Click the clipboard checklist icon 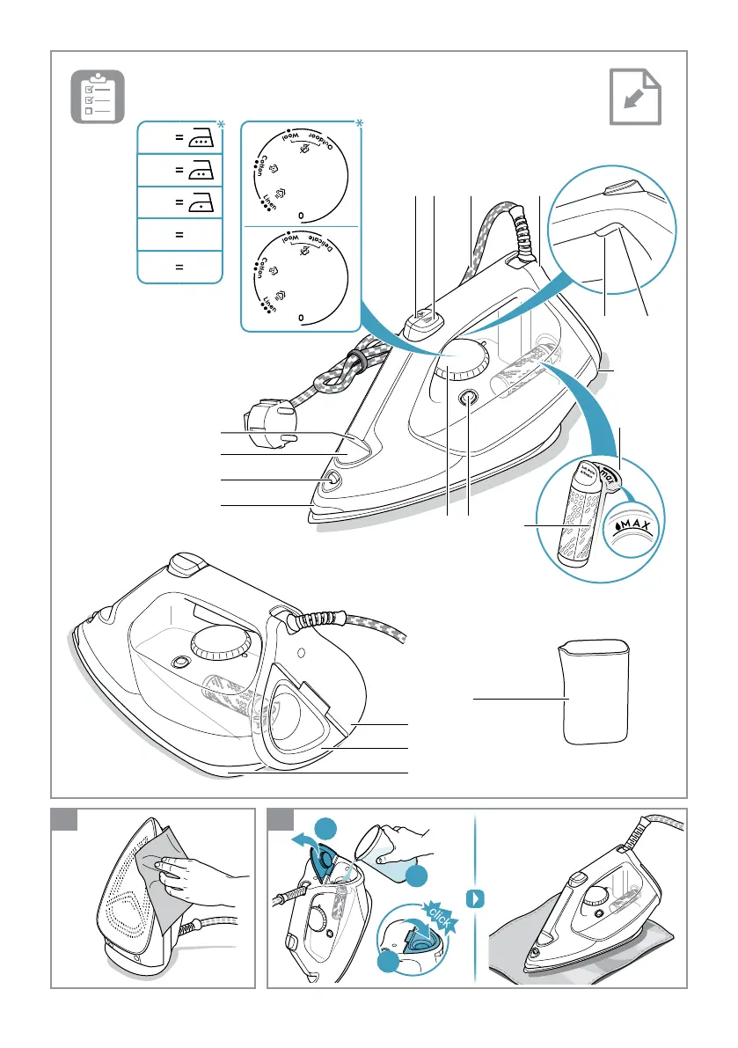tap(98, 96)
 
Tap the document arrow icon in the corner tap(635, 96)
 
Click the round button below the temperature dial tap(469, 398)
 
